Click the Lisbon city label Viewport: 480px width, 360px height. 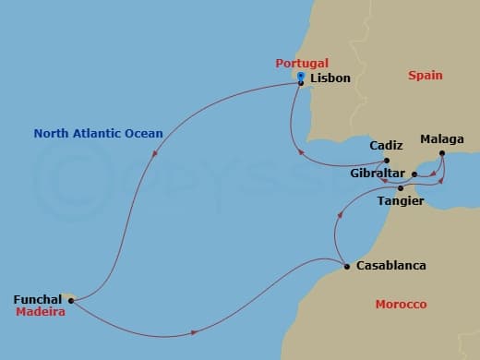point(330,78)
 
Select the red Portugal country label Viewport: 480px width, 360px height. point(301,63)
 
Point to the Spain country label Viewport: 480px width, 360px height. point(426,76)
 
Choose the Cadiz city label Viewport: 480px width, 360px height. point(386,146)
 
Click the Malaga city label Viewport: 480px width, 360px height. point(441,139)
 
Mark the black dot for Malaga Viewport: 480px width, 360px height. point(442,153)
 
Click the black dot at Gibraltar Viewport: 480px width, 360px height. point(414,174)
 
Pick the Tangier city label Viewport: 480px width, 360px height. point(402,200)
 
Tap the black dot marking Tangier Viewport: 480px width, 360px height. point(401,188)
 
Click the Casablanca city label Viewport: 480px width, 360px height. point(391,266)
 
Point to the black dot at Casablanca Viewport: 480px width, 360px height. point(346,267)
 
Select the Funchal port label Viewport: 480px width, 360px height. point(38,299)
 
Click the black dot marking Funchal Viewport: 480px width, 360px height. point(71,300)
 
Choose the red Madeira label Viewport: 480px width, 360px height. point(38,313)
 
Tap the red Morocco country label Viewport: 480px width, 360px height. point(401,305)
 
